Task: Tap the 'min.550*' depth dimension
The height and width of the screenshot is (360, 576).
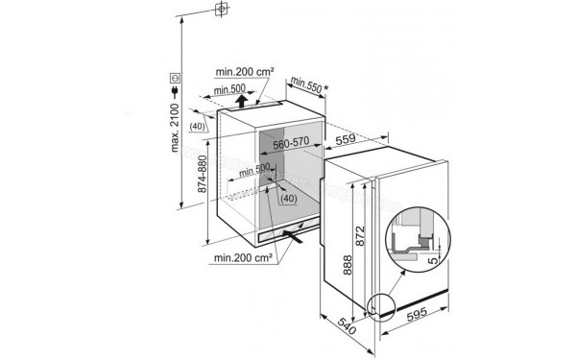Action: click(306, 84)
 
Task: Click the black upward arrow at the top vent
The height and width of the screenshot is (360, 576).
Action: click(239, 96)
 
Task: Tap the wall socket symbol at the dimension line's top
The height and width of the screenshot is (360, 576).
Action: click(222, 10)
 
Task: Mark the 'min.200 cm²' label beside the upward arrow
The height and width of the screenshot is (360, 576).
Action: click(244, 71)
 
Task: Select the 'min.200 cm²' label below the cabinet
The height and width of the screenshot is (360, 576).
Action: click(244, 257)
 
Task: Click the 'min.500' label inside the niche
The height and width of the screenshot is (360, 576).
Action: click(253, 169)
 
